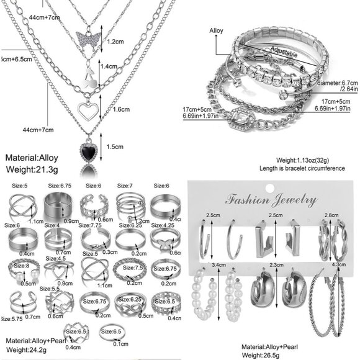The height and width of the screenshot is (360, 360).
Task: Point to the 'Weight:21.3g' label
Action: click(32, 168)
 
